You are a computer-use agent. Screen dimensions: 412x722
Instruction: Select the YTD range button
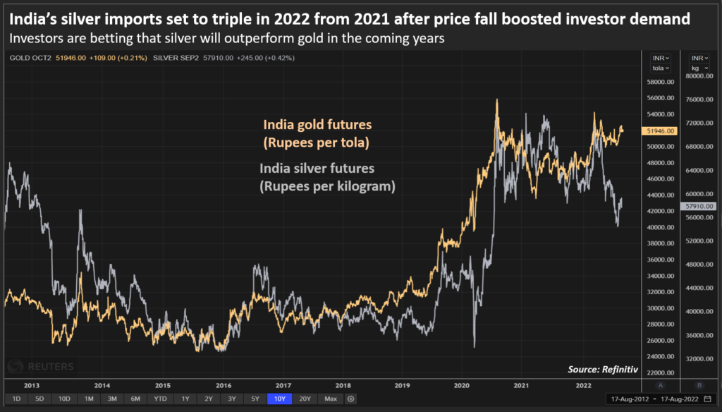coord(161,399)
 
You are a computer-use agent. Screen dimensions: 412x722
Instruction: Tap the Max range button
coord(331,399)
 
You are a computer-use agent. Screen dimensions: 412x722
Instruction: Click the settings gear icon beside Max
coord(350,399)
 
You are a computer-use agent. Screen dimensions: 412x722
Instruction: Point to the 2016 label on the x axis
coord(223,385)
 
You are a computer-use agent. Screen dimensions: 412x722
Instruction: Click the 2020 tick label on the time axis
coord(463,385)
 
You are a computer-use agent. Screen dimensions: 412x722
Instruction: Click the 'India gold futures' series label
coord(317,125)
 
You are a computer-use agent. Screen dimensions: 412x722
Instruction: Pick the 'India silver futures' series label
coord(317,169)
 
